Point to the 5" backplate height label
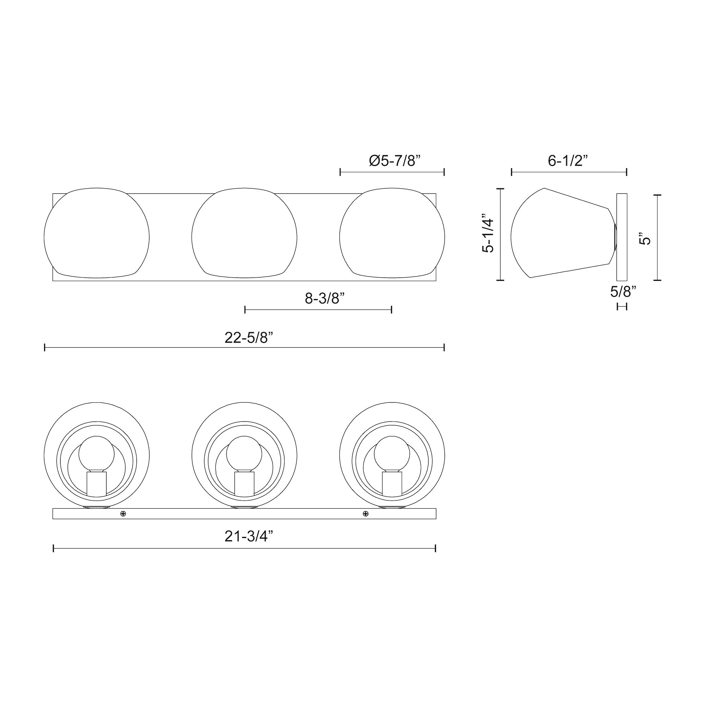[x=645, y=239]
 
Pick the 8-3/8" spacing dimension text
[x=325, y=299]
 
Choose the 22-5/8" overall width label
[x=249, y=338]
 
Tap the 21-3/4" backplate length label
[x=249, y=537]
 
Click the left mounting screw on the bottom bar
[x=123, y=514]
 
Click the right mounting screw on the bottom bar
[x=366, y=514]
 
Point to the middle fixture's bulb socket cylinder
[x=244, y=484]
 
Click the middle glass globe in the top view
[x=244, y=234]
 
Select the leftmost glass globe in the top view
[x=96, y=234]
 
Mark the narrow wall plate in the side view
[x=621, y=237]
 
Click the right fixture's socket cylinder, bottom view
[x=392, y=484]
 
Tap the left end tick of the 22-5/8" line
[x=45, y=348]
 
